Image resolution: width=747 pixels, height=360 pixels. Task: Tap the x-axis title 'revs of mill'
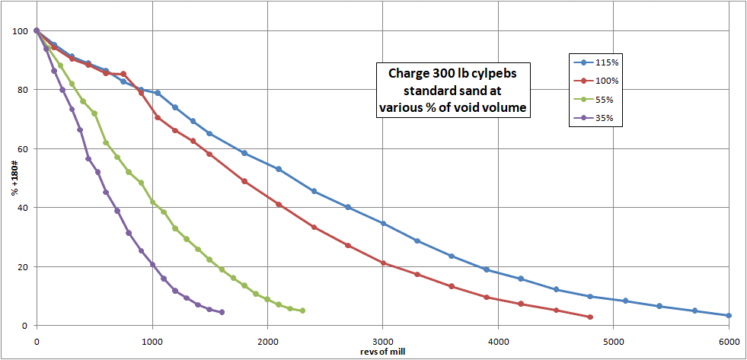(382, 352)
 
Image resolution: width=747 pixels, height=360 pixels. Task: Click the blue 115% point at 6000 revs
(729, 315)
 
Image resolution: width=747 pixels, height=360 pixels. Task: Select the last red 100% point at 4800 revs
(590, 317)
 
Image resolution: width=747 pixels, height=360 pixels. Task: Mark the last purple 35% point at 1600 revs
(222, 312)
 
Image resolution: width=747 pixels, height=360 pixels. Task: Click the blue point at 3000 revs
(383, 223)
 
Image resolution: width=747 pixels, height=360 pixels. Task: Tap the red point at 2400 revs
(314, 227)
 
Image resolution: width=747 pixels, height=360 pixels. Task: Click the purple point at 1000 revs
(152, 264)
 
